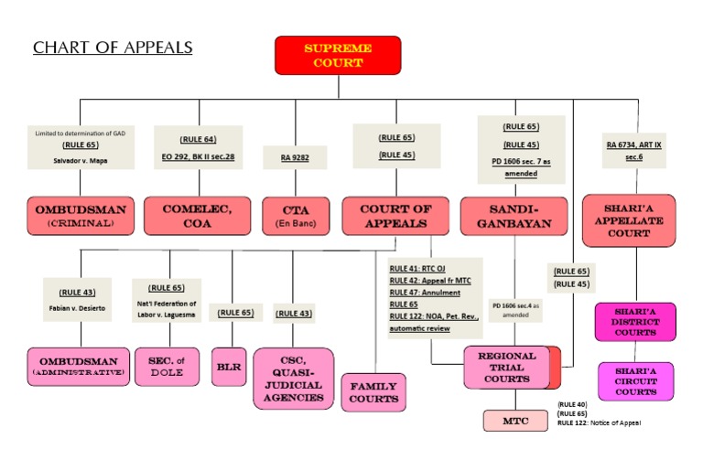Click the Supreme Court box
coord(338,55)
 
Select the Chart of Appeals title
coord(113,48)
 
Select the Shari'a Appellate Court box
coord(628,220)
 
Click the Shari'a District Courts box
coord(636,322)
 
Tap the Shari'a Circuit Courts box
coord(636,380)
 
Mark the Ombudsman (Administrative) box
coord(78,367)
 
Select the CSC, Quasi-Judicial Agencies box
coord(293,376)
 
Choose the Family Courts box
coord(373,392)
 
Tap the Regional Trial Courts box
coord(506,367)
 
